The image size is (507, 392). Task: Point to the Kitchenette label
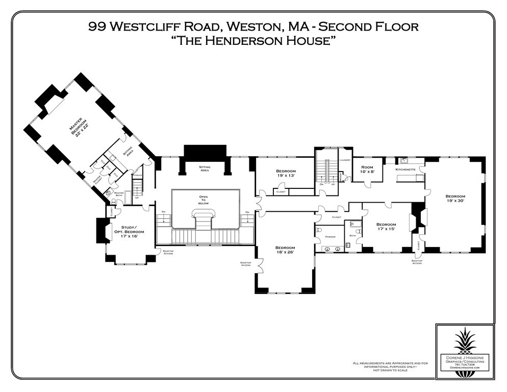point(406,169)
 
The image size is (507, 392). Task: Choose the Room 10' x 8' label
point(367,169)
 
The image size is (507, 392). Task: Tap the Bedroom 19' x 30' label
point(455,199)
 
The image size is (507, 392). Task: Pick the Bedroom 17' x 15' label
point(386,227)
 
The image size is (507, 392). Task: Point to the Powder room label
point(330,237)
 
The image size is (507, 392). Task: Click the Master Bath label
point(119,193)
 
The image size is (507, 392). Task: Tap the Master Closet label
point(97,180)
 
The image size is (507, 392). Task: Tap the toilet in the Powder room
point(319,230)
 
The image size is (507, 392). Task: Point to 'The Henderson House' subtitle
point(253,42)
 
